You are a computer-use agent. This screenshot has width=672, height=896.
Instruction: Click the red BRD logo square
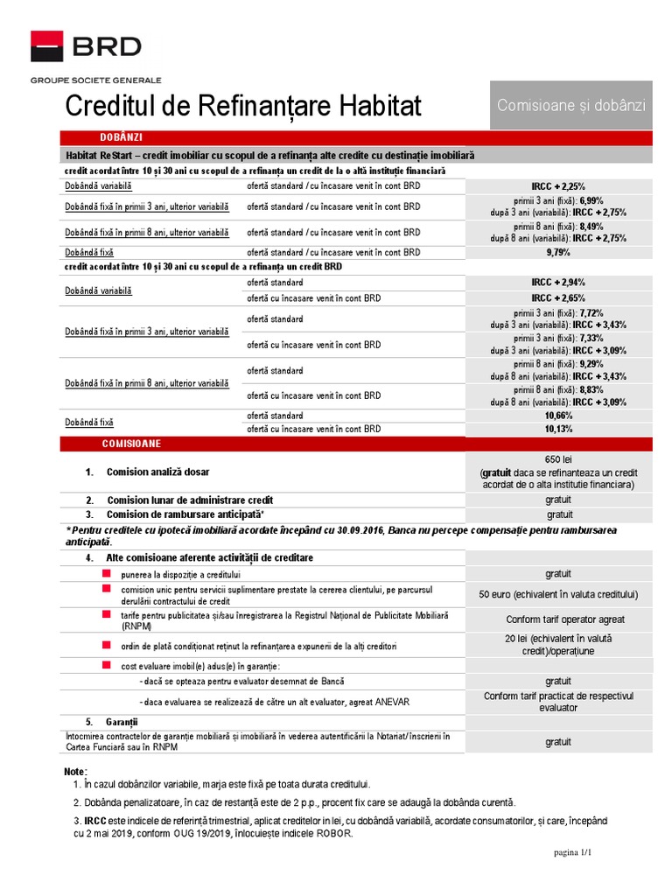pyautogui.click(x=47, y=45)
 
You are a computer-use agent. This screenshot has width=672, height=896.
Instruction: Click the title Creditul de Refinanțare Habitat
pyautogui.click(x=244, y=107)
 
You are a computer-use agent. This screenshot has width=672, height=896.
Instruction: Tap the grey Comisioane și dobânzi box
pyautogui.click(x=571, y=105)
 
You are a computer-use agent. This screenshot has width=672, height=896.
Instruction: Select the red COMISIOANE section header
pyautogui.click(x=131, y=444)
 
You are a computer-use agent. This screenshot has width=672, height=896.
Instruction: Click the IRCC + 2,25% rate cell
pyautogui.click(x=558, y=186)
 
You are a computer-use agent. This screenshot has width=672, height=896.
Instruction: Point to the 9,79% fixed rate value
pyautogui.click(x=558, y=253)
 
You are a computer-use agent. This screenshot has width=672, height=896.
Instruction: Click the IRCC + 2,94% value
pyautogui.click(x=558, y=283)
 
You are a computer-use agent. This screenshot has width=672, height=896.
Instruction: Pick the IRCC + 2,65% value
pyautogui.click(x=558, y=298)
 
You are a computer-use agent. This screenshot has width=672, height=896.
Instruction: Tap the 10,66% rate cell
pyautogui.click(x=558, y=416)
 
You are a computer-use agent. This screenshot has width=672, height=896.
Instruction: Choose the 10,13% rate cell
pyautogui.click(x=558, y=430)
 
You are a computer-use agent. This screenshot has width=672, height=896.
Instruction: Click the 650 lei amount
pyautogui.click(x=558, y=459)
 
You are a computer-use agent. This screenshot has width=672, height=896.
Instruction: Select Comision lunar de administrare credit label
pyautogui.click(x=190, y=500)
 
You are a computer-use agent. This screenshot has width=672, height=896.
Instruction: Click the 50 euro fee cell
pyautogui.click(x=558, y=595)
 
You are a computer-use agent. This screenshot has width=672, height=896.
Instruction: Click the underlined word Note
pyautogui.click(x=75, y=772)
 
